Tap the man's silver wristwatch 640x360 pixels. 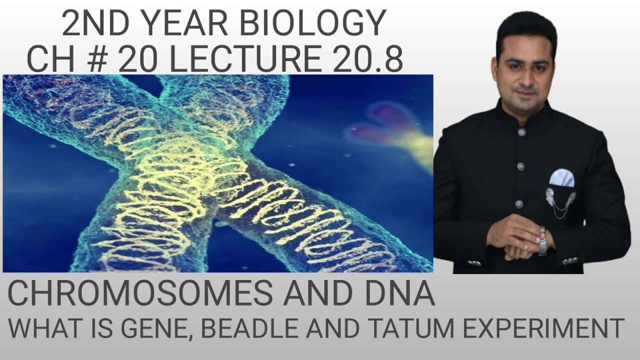[542, 241]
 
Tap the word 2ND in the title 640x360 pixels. [85, 23]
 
